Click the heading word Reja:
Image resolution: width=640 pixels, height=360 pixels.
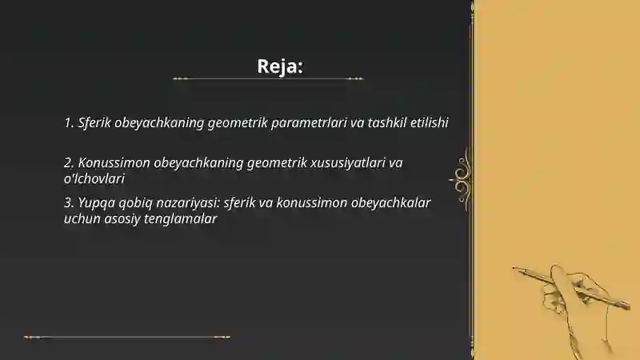pos(280,66)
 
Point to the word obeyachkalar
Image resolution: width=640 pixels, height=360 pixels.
pos(392,202)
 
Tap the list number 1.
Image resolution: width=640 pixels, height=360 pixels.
pos(68,123)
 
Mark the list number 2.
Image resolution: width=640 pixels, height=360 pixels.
pos(68,163)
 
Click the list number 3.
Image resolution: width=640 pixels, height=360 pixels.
pos(68,202)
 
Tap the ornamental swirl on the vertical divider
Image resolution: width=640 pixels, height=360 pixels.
pos(462,176)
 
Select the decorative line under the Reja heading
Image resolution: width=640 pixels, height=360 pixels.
pos(268,78)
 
